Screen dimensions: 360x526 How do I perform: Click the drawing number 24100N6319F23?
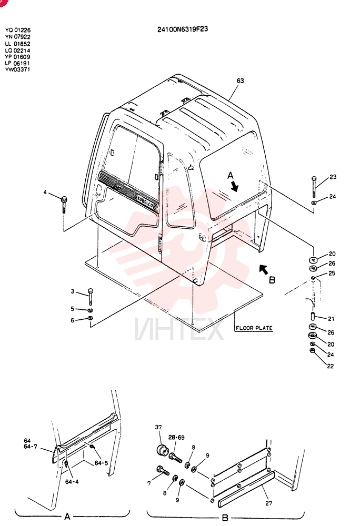click(183, 29)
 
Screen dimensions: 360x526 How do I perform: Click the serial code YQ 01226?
click(18, 31)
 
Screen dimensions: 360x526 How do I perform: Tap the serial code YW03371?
click(17, 69)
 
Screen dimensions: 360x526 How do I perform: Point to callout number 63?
click(240, 80)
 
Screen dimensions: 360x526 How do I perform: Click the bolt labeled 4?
click(64, 204)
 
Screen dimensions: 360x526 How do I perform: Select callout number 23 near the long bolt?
click(333, 177)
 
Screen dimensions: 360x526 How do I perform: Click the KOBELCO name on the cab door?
click(145, 201)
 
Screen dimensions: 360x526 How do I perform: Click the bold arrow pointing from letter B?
click(264, 269)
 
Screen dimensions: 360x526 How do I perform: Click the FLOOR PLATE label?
click(254, 328)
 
